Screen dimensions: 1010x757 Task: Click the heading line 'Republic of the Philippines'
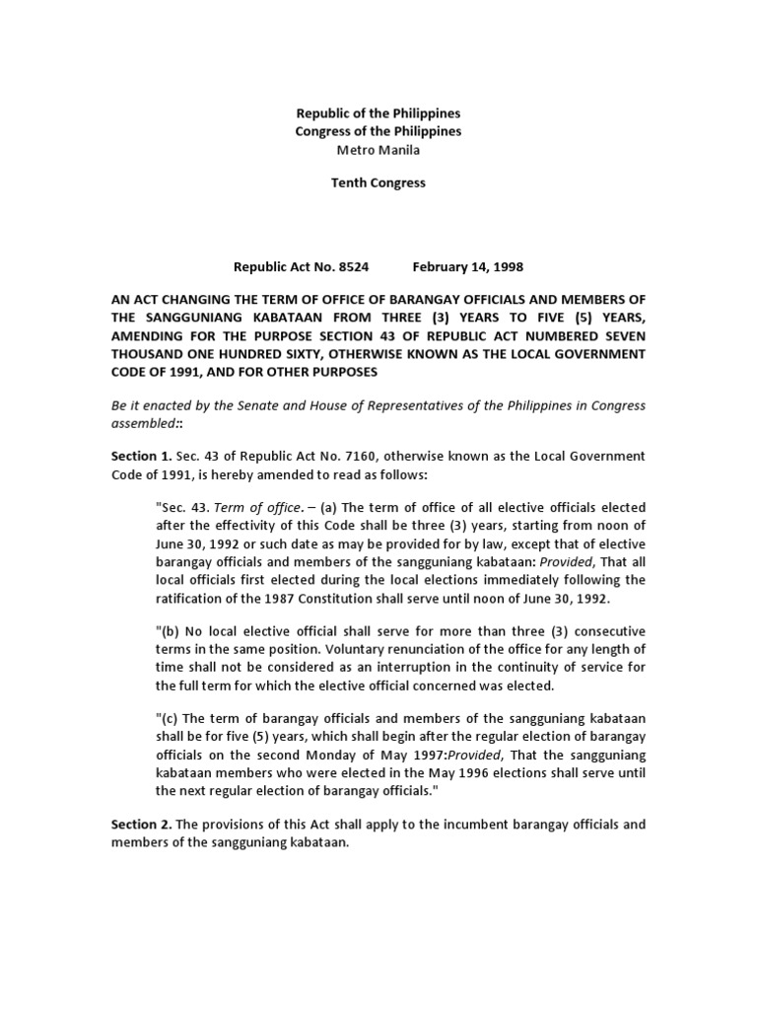[378, 113]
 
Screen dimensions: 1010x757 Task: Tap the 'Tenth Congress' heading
[378, 183]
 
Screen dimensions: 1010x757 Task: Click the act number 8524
[349, 266]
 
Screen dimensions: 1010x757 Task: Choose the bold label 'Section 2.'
[142, 824]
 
